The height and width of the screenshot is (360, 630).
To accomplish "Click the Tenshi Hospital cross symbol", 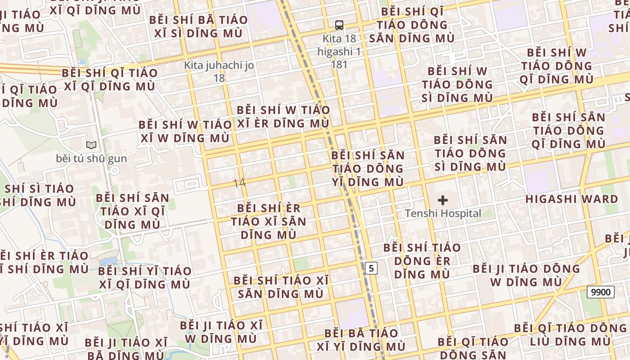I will [443, 200].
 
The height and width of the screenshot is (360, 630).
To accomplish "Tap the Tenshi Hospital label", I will [443, 213].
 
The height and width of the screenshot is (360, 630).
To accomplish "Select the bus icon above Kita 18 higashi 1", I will [339, 25].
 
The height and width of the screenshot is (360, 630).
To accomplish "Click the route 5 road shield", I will [371, 268].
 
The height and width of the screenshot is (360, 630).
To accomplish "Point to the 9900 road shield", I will [601, 292].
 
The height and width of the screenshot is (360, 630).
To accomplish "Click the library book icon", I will [91, 145].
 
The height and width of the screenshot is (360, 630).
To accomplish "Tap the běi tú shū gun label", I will [91, 158].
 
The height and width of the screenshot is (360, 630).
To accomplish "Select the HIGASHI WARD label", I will [571, 199].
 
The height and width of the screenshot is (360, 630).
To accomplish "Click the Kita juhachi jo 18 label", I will [219, 72].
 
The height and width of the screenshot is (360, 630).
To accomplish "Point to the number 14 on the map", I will [239, 183].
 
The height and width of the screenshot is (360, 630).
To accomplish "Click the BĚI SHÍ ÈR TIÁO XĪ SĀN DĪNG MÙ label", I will [269, 221].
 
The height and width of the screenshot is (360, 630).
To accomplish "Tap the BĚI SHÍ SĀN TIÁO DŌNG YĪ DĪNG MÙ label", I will [368, 169].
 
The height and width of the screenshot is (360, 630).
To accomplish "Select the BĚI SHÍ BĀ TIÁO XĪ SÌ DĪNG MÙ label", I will [198, 27].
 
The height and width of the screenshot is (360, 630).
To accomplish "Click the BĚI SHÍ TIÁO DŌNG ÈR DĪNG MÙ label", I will [422, 261].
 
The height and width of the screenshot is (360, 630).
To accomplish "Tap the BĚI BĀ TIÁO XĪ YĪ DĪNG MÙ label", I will [361, 340].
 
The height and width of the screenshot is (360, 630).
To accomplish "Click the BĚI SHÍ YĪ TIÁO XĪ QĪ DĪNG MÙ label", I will [144, 278].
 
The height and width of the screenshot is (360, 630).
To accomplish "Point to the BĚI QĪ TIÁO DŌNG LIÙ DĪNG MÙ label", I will [570, 334].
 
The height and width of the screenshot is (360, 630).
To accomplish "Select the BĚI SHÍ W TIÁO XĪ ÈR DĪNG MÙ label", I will [283, 117].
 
